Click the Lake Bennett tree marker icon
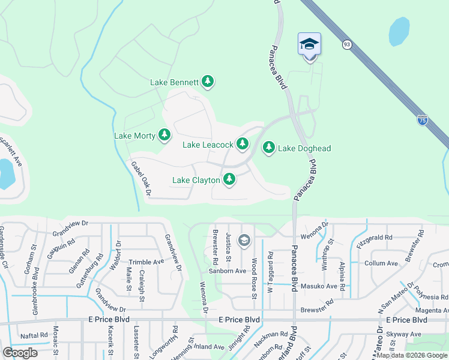coord(208,82)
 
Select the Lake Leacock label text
coord(208,145)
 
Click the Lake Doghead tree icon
coord(268,148)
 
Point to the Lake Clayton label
coord(196,180)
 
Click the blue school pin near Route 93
coord(309,45)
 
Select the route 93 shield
coord(347,44)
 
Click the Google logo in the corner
coord(20,353)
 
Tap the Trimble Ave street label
coord(146,262)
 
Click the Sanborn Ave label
coord(228,271)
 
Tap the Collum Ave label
coord(381,263)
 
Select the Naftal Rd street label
coord(33,335)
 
